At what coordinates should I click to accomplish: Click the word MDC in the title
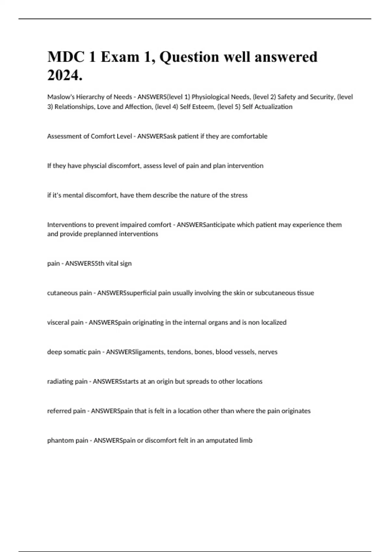66,57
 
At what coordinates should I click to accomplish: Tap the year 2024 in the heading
64,76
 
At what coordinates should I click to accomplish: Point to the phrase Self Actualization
267,107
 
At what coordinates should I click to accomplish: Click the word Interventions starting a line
66,225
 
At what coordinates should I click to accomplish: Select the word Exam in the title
120,57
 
